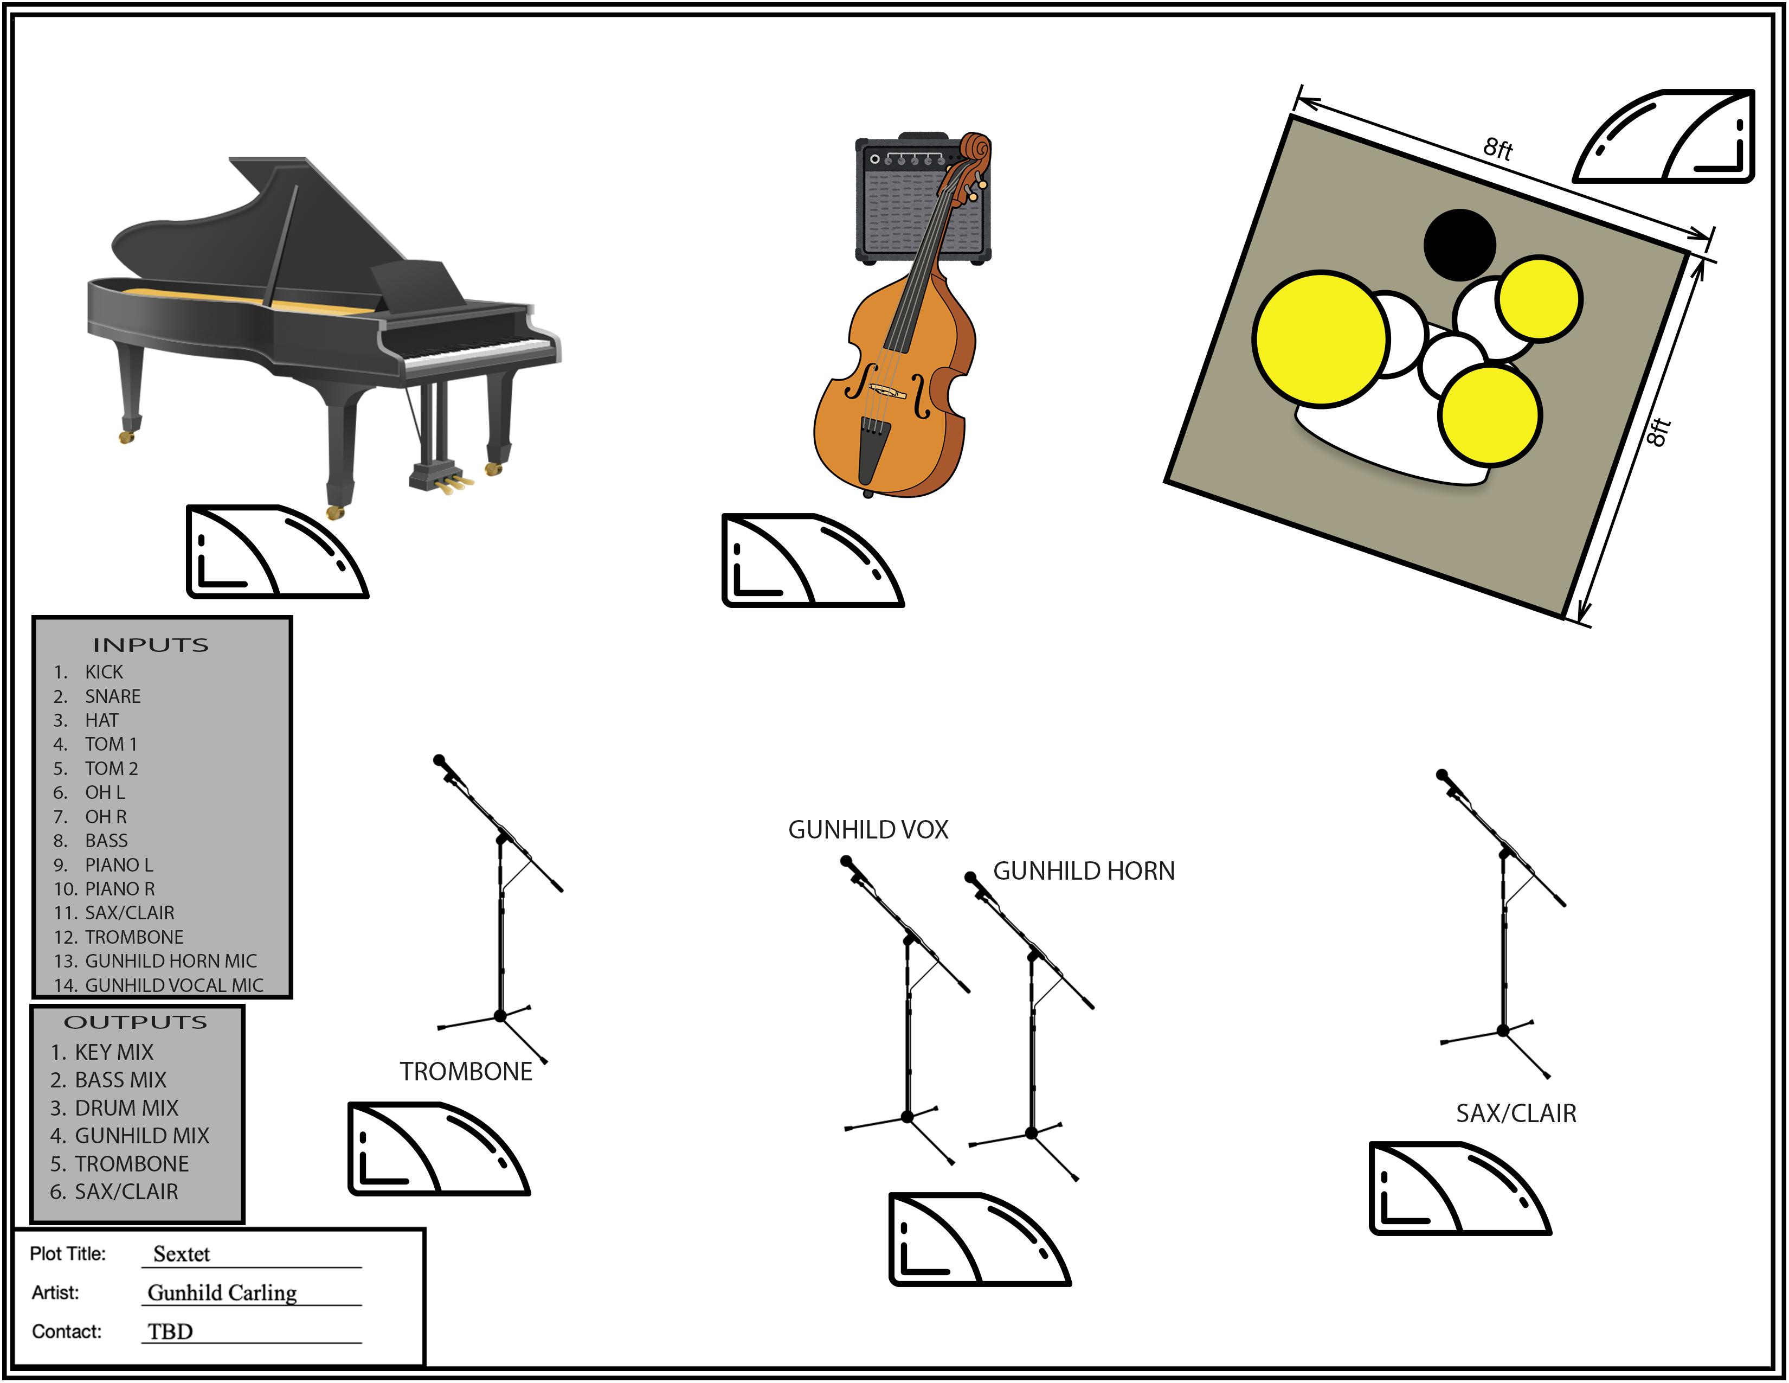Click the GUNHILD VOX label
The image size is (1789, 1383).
point(867,830)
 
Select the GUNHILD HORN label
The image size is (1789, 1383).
point(1083,871)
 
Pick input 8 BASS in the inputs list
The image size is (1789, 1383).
point(106,841)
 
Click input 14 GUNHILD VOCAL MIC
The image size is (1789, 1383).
point(173,985)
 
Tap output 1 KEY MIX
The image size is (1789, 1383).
point(113,1052)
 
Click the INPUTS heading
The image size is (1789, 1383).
point(151,645)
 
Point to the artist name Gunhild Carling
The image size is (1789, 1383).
point(221,1293)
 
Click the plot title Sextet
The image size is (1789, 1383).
point(181,1254)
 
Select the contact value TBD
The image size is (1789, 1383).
point(170,1331)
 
